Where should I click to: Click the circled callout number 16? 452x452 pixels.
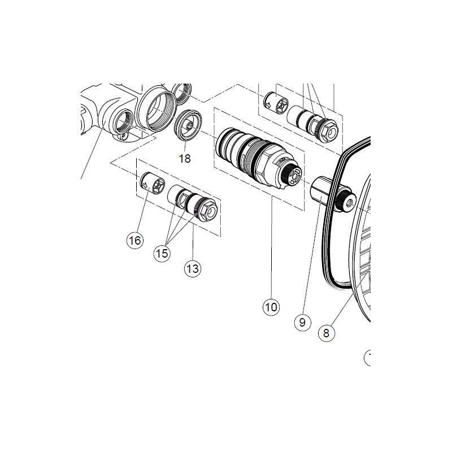[135, 240]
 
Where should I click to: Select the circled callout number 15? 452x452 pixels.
[162, 253]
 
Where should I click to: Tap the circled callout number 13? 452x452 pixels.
[193, 269]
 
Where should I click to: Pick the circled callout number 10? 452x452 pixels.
[271, 307]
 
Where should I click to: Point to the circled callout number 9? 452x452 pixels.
[302, 322]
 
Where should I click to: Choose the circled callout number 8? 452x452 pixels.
[327, 333]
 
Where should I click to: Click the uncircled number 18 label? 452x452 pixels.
[185, 159]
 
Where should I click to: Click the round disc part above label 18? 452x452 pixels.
[188, 125]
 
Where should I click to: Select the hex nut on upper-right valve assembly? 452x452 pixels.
[329, 131]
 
